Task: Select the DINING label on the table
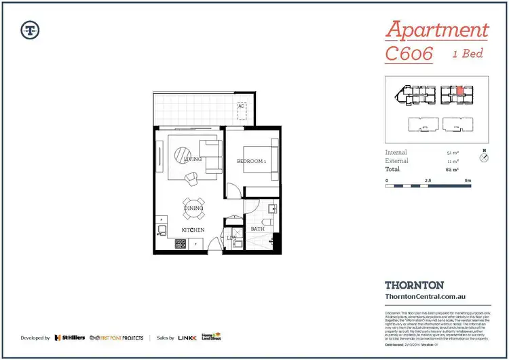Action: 193,208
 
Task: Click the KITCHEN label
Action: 193,230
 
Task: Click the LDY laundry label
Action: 232,237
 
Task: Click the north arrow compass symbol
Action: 484,158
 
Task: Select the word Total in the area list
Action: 394,169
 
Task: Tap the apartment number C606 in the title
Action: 409,54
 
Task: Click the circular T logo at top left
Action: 30,29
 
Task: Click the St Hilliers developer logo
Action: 69,338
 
